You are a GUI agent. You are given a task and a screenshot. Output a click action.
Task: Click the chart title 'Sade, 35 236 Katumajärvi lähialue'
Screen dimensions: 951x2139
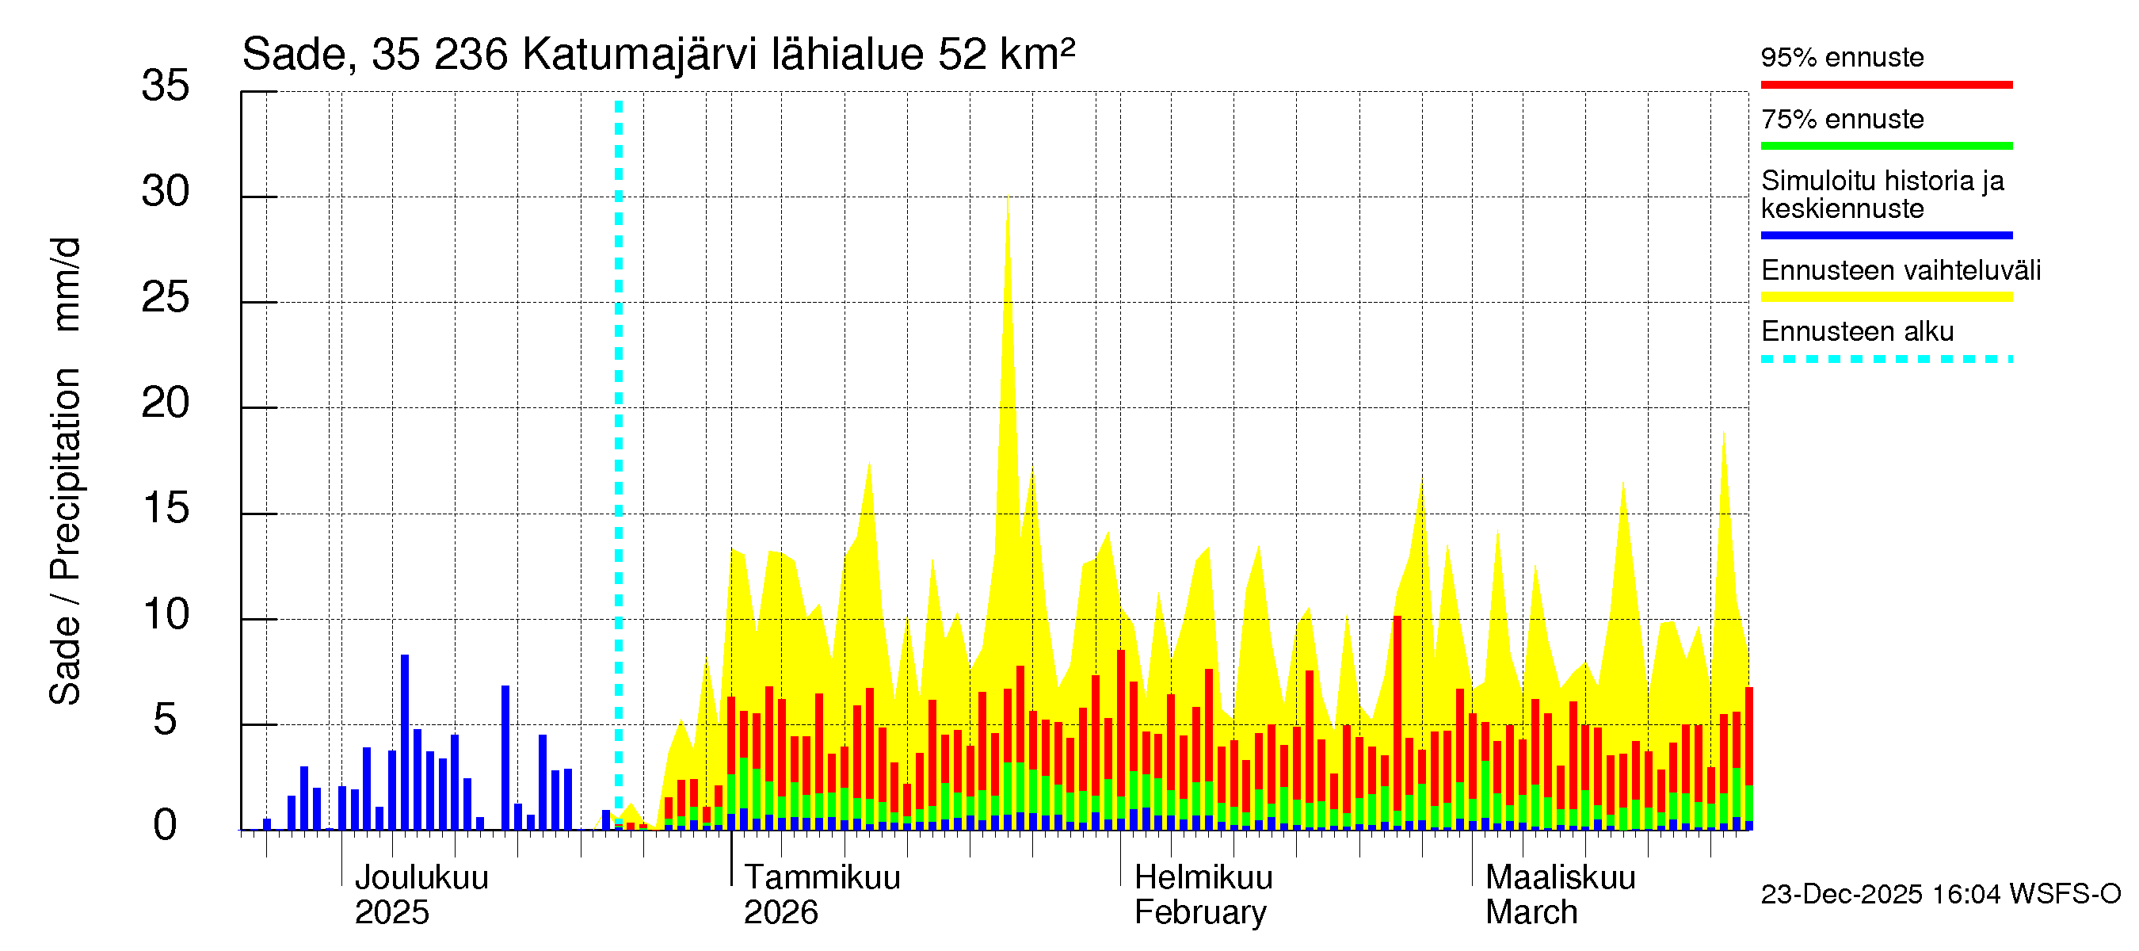click(x=658, y=55)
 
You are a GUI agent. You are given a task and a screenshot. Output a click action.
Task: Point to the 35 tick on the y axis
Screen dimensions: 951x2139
click(x=166, y=86)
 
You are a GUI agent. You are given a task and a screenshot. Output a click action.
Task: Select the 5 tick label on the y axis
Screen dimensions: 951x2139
click(x=166, y=720)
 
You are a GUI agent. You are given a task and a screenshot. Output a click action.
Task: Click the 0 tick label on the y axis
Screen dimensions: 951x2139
click(x=166, y=826)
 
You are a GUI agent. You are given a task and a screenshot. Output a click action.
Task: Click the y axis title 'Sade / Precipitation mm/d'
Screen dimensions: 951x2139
click(x=65, y=471)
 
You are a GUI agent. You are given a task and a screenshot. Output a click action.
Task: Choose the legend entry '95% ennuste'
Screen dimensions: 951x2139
click(x=1842, y=57)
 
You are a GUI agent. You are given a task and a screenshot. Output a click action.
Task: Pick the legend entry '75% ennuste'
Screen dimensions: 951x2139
click(x=1842, y=120)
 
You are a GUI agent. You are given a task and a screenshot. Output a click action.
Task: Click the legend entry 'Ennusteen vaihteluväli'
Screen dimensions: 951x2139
click(x=1901, y=271)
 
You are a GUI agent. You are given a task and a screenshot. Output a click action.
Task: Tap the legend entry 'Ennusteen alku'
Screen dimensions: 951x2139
click(x=1857, y=331)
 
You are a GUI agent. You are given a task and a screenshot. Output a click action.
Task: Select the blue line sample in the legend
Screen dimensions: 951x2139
click(x=1885, y=236)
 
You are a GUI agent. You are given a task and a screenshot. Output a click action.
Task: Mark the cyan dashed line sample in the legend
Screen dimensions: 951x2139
click(x=1885, y=360)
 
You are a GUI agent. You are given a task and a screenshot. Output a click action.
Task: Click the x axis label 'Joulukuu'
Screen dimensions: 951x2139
click(x=421, y=877)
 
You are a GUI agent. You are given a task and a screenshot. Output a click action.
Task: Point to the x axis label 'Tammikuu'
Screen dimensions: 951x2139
click(x=822, y=877)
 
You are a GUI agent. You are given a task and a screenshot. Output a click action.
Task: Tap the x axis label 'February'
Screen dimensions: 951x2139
click(x=1200, y=912)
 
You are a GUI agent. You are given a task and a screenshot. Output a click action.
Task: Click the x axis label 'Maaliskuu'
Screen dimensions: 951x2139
click(x=1560, y=877)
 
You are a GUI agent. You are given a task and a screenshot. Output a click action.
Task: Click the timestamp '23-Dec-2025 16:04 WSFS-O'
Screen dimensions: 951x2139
click(x=1940, y=894)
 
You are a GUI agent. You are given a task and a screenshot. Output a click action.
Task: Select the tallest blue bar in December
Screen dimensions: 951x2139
click(x=404, y=741)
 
